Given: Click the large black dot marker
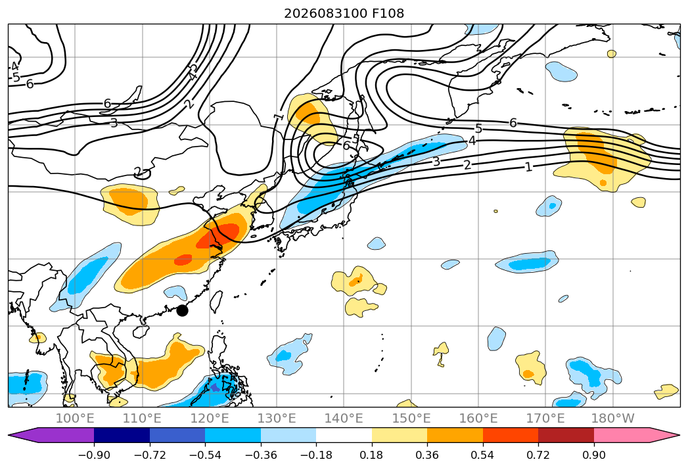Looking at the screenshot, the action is (x=182, y=311).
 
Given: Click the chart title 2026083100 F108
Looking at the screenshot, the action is (x=344, y=13).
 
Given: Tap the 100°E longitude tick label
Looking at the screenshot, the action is (x=75, y=419).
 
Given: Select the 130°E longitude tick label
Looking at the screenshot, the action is (x=277, y=419).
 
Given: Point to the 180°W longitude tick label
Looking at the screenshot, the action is (x=613, y=419).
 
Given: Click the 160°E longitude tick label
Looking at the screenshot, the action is (x=478, y=419).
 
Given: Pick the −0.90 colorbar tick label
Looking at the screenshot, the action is (x=94, y=455).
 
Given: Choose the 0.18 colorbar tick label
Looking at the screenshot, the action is (x=372, y=455).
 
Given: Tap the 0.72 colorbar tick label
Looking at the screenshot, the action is (x=538, y=455).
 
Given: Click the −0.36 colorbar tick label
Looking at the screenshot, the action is (x=261, y=455).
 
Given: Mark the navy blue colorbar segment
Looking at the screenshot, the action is (x=122, y=435).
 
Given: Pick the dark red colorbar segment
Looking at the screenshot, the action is (x=566, y=435).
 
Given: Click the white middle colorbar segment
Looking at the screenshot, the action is (x=344, y=435).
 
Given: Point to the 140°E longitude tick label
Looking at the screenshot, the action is (x=344, y=419).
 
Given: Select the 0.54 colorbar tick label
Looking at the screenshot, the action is (x=483, y=455).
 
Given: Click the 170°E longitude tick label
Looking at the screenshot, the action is (x=545, y=419).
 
